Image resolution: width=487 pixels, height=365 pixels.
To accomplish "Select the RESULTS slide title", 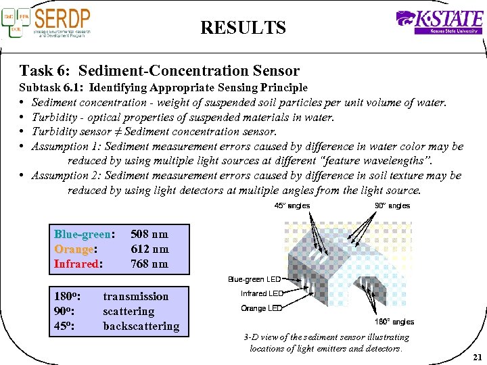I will click(243, 28).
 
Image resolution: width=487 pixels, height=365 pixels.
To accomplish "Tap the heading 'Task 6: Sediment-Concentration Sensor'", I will click(160, 70).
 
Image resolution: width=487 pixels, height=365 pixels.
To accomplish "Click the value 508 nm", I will click(149, 234).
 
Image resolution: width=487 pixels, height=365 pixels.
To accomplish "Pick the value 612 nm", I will click(149, 249).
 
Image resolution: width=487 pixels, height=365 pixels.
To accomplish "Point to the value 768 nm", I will click(149, 264).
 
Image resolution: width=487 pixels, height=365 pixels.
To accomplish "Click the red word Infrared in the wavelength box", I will click(77, 264).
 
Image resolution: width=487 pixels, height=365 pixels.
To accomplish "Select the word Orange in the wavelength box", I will click(73, 249).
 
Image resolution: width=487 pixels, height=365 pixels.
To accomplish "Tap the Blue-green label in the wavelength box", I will click(82, 234).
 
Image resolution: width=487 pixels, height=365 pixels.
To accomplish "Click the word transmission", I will click(135, 296).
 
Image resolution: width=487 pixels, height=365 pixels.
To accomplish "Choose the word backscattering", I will click(141, 326).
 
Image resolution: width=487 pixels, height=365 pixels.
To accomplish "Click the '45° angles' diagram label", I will click(292, 205).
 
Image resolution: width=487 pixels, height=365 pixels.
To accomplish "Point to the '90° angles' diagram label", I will click(392, 205).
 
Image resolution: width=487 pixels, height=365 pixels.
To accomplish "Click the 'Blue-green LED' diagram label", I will click(254, 279).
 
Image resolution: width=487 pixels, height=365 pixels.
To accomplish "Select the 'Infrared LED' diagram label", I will click(262, 293).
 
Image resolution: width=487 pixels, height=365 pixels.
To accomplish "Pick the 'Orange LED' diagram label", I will click(262, 308).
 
